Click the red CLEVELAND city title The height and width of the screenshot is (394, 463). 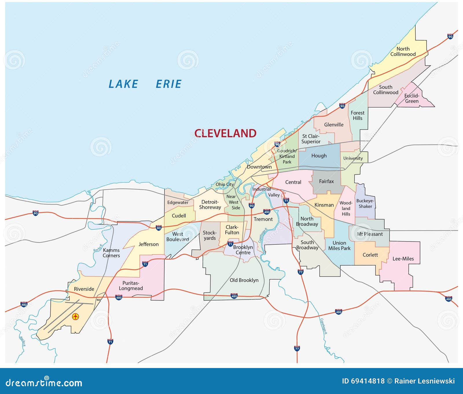pyautogui.click(x=225, y=133)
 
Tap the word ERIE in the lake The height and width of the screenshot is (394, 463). pyautogui.click(x=168, y=84)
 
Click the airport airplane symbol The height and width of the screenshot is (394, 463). pyautogui.click(x=76, y=317)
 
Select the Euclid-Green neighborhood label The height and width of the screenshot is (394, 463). pyautogui.click(x=411, y=99)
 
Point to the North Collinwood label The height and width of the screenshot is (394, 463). pyautogui.click(x=403, y=51)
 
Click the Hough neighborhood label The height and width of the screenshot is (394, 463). pyautogui.click(x=319, y=156)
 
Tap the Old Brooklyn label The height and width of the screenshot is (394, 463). pyautogui.click(x=244, y=280)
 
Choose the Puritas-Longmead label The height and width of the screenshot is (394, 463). pyautogui.click(x=131, y=286)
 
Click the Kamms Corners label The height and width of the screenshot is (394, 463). pyautogui.click(x=111, y=253)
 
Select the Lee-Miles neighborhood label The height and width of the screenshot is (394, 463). pyautogui.click(x=403, y=259)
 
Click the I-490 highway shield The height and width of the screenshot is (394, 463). pyautogui.click(x=267, y=212)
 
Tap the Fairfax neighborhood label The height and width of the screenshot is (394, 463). pyautogui.click(x=326, y=181)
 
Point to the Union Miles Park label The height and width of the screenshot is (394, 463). pyautogui.click(x=339, y=246)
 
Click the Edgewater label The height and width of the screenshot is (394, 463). pyautogui.click(x=178, y=202)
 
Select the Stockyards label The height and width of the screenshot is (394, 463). pyautogui.click(x=210, y=235)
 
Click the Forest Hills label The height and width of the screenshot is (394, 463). pyautogui.click(x=358, y=116)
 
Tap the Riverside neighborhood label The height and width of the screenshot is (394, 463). pyautogui.click(x=84, y=289)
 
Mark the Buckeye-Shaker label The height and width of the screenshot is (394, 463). pyautogui.click(x=365, y=204)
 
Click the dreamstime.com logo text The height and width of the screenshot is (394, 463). pyautogui.click(x=44, y=383)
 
